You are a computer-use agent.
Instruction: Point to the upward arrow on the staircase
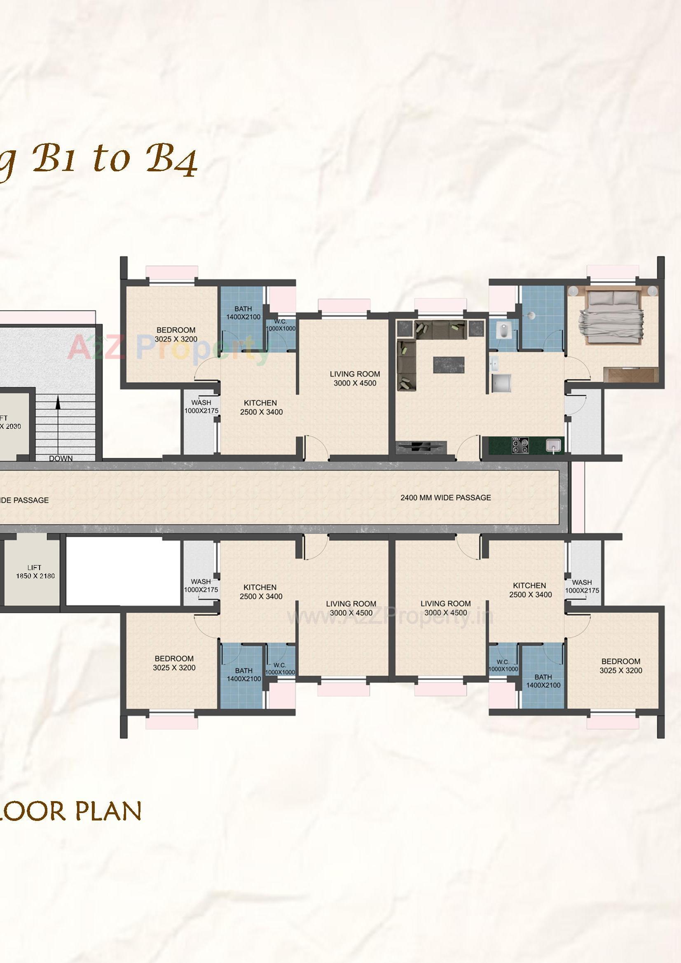click(x=58, y=405)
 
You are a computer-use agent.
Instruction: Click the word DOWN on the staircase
click(x=61, y=458)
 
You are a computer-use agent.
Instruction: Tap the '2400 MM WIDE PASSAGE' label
click(x=445, y=498)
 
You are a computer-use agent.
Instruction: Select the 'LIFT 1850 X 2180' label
click(x=35, y=572)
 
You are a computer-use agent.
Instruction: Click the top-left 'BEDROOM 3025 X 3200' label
click(x=176, y=335)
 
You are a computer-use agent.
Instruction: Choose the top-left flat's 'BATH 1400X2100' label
click(x=243, y=313)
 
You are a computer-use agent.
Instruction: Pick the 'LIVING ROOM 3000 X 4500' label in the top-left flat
click(x=355, y=378)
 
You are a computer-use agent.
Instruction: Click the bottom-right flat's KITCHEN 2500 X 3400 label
click(x=530, y=590)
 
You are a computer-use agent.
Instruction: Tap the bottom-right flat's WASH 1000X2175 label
click(x=582, y=586)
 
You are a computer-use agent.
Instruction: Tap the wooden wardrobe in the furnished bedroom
click(x=631, y=374)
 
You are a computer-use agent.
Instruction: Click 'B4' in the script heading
click(x=172, y=160)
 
